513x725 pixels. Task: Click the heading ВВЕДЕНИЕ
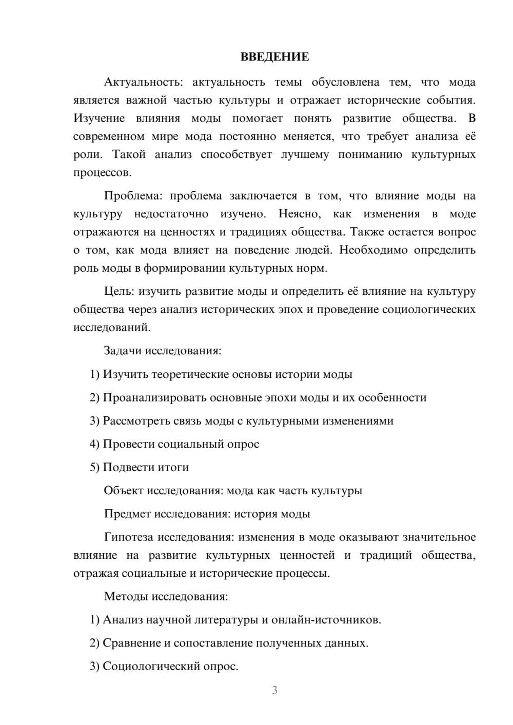click(274, 57)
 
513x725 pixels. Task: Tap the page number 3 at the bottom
click(274, 690)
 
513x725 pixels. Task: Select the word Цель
click(119, 292)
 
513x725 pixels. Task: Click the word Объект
click(123, 491)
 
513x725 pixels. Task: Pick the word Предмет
click(127, 514)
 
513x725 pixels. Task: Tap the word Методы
click(124, 596)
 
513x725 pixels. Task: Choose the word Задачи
click(123, 351)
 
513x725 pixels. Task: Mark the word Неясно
click(299, 214)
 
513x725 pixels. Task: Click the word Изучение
click(99, 118)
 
